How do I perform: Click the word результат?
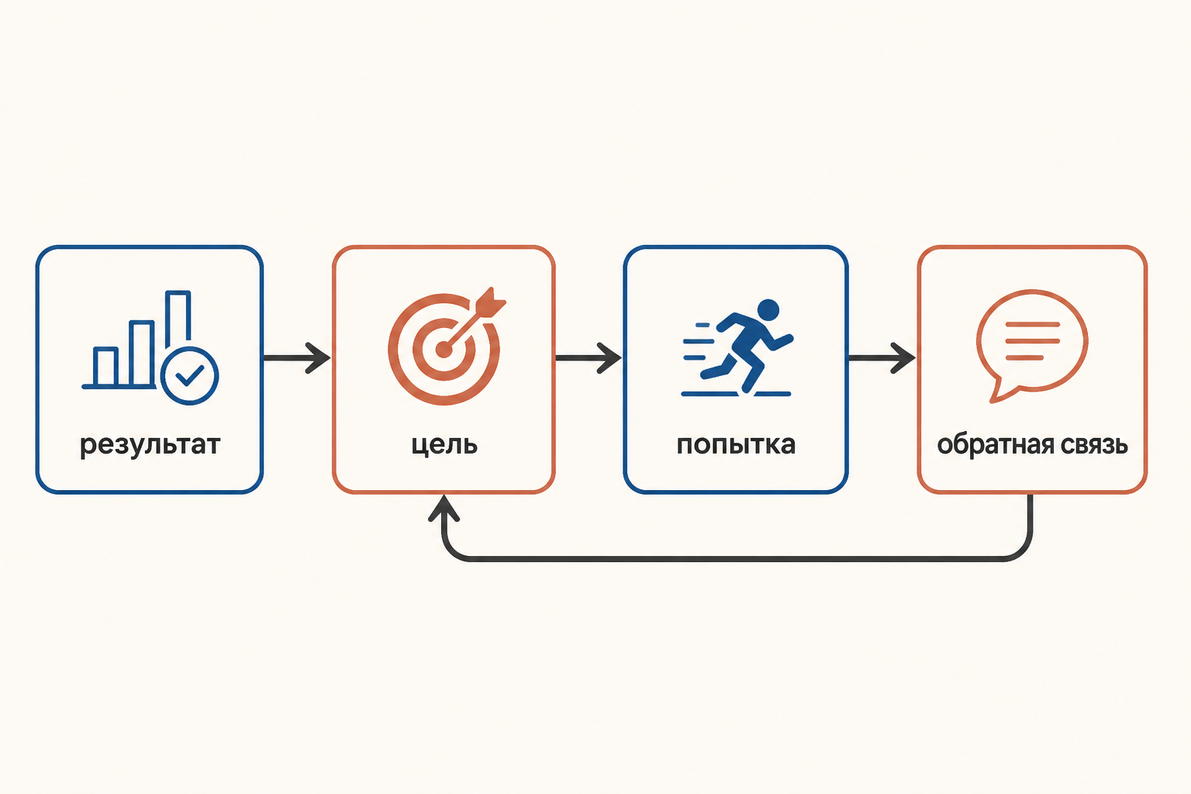pos(150,445)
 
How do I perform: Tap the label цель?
pos(444,445)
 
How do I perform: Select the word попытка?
pos(736,445)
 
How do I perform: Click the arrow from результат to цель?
pos(297,358)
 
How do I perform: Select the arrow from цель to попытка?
pos(588,358)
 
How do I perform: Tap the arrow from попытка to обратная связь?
pos(882,358)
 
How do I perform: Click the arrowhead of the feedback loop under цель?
pos(444,508)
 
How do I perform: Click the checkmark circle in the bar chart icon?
pos(189,376)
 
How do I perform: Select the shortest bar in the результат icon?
pos(105,367)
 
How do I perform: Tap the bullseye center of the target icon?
pos(444,350)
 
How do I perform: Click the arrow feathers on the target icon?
pos(492,302)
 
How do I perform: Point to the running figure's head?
pos(768,309)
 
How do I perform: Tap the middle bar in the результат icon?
pos(142,353)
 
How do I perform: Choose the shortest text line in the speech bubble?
pos(1024,357)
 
